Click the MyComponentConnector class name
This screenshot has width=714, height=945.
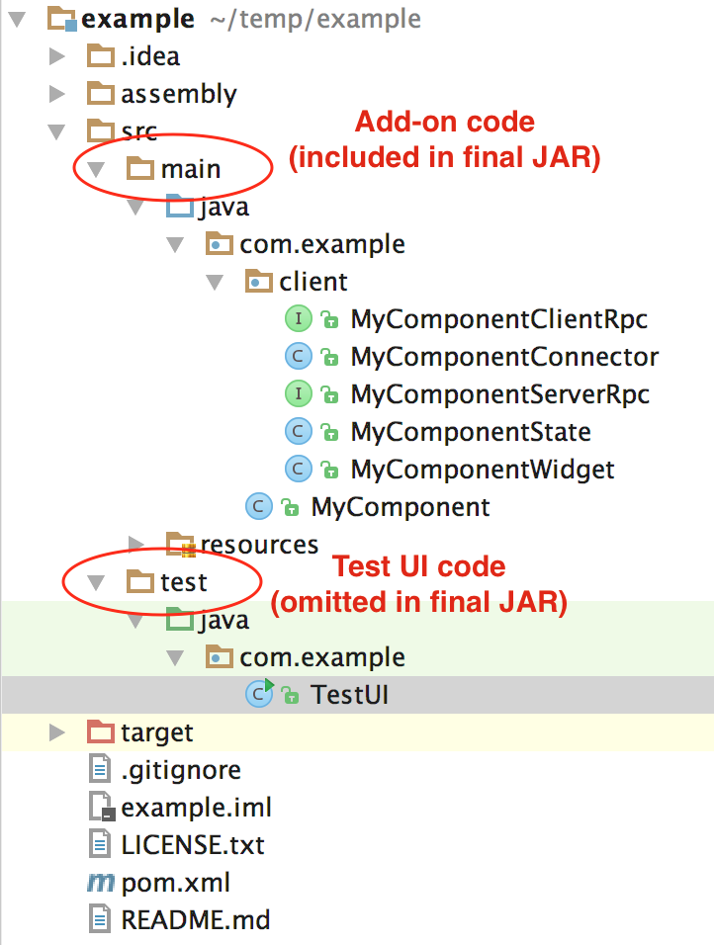pyautogui.click(x=504, y=357)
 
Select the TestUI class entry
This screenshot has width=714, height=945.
pyautogui.click(x=349, y=695)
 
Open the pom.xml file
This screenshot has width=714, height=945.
pyautogui.click(x=175, y=883)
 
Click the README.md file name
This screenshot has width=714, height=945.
pyautogui.click(x=196, y=920)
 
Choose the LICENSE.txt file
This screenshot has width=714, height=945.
pyautogui.click(x=193, y=845)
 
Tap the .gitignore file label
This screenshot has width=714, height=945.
pyautogui.click(x=181, y=770)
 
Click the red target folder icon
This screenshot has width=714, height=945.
pyautogui.click(x=100, y=732)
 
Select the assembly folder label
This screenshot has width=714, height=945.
pyautogui.click(x=179, y=94)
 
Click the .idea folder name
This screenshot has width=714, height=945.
pyautogui.click(x=150, y=56)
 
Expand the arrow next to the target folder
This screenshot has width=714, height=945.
pyautogui.click(x=57, y=732)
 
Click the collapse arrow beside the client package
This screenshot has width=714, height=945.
pyautogui.click(x=215, y=282)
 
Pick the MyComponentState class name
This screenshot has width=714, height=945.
pyautogui.click(x=471, y=432)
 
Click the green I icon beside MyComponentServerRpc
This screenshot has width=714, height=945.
pyautogui.click(x=299, y=394)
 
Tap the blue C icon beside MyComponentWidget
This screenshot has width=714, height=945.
pyautogui.click(x=299, y=469)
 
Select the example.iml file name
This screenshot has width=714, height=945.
pyautogui.click(x=197, y=808)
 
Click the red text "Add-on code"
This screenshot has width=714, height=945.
pyautogui.click(x=445, y=122)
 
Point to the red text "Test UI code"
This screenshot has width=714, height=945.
pyautogui.click(x=419, y=566)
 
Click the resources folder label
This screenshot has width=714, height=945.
pyautogui.click(x=259, y=545)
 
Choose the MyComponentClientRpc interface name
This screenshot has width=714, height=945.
pyautogui.click(x=499, y=319)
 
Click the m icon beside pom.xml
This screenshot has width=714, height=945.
pyautogui.click(x=101, y=883)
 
